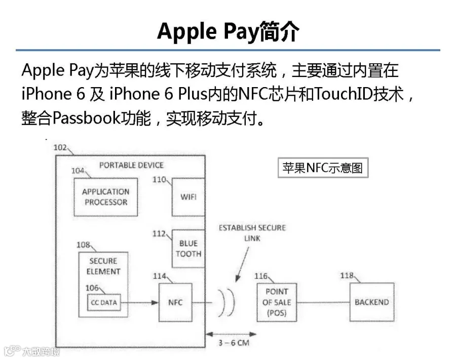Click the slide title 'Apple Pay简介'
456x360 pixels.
point(228,31)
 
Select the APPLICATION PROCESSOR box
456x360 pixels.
point(106,197)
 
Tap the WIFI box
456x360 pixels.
point(188,197)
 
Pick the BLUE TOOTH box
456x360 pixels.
point(188,249)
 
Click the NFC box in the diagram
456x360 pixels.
point(175,302)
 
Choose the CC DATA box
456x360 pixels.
point(104,302)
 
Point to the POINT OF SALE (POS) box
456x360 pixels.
point(277,302)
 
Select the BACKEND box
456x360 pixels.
point(372,302)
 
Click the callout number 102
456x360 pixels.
point(60,148)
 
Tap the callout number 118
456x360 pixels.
point(347,275)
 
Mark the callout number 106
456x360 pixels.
point(92,288)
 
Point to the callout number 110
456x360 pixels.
point(160,180)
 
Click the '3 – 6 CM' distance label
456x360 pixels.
point(234,343)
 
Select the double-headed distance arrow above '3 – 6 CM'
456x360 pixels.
point(231,334)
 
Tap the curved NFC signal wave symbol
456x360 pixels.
point(226,302)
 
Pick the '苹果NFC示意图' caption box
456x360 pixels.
point(323,168)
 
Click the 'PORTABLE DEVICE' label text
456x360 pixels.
point(131,166)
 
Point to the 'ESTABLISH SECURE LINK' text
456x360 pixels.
point(252,233)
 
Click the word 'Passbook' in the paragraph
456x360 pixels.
point(86,118)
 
